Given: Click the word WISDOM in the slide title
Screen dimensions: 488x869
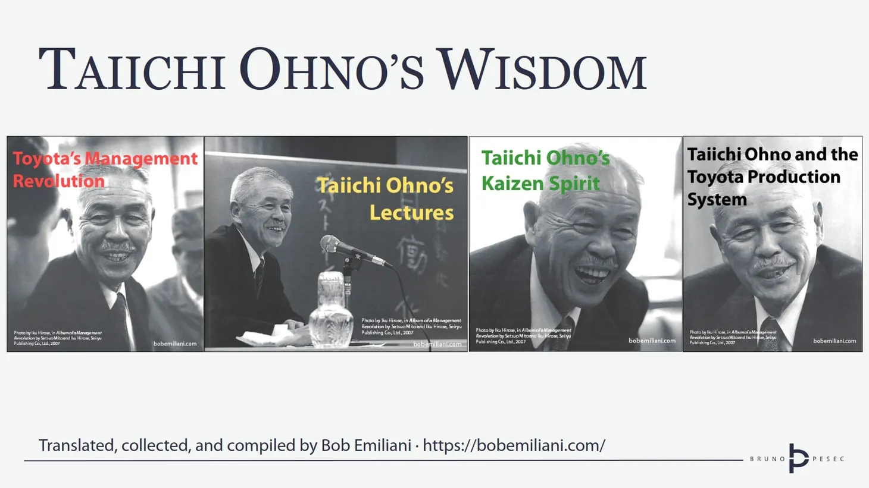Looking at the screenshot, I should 542,70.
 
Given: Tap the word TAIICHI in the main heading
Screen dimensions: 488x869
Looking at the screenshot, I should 132,70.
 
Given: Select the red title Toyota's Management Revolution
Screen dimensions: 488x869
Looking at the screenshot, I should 105,169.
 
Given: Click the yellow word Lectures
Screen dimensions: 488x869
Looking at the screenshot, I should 411,212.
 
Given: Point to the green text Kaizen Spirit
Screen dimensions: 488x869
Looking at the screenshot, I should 540,184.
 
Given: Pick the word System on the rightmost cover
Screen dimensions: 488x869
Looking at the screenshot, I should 717,200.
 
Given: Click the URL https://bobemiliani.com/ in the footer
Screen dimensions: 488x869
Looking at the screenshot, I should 514,445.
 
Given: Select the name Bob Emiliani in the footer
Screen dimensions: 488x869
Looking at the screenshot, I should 365,445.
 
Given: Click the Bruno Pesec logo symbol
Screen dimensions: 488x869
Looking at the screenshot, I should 798,458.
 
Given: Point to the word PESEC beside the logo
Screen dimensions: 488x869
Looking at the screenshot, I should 829,459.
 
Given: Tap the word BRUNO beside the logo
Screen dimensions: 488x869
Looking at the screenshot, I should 767,459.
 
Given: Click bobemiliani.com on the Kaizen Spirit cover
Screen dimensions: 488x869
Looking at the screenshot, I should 652,341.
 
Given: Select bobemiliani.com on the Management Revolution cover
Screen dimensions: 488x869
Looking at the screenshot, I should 174,344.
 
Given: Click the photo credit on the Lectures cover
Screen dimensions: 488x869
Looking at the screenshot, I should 411,326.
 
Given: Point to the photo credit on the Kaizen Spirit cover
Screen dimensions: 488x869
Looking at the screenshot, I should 523,336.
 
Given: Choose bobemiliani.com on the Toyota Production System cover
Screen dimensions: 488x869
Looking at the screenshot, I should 834,341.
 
